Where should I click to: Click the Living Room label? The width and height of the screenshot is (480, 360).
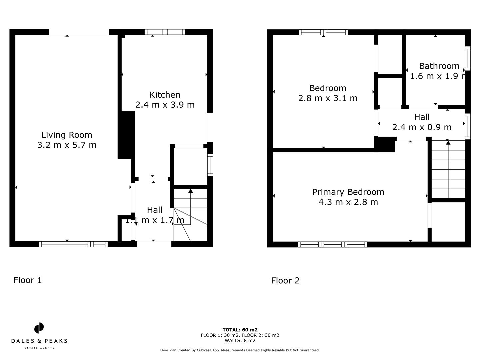pos(67,135)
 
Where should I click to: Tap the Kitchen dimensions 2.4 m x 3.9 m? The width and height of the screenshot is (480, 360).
pos(165,105)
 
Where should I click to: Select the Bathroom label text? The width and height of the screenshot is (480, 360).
pos(439,66)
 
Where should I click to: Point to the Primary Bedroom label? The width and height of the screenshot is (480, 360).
pos(348,192)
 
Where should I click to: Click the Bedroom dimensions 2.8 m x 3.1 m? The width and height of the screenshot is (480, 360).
pos(328,98)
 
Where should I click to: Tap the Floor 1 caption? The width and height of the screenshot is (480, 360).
pos(28,280)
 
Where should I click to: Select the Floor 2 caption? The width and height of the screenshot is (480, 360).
pos(285,281)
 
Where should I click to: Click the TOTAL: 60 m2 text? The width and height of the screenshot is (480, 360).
pos(240,330)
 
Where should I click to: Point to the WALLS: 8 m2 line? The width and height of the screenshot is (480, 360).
pos(240,340)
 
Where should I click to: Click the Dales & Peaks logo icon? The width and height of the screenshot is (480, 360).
pos(39,328)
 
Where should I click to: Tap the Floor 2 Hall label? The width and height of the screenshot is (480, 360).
pos(422,117)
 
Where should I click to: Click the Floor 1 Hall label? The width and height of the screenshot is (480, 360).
pos(155,210)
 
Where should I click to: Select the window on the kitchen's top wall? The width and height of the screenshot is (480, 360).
pos(165,32)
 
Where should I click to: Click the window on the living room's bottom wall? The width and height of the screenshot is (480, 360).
pos(73,244)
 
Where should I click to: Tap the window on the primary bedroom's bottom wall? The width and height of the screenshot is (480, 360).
pos(333,244)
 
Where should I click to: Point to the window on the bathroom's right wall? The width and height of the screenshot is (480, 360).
pos(468,58)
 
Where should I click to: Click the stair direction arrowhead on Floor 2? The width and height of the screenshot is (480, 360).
pos(448,143)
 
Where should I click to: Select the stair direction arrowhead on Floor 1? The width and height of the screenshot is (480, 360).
pos(190,191)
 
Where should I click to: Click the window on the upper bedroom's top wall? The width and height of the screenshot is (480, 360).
pos(323,32)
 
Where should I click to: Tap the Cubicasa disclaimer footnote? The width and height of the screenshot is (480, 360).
pos(240,350)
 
